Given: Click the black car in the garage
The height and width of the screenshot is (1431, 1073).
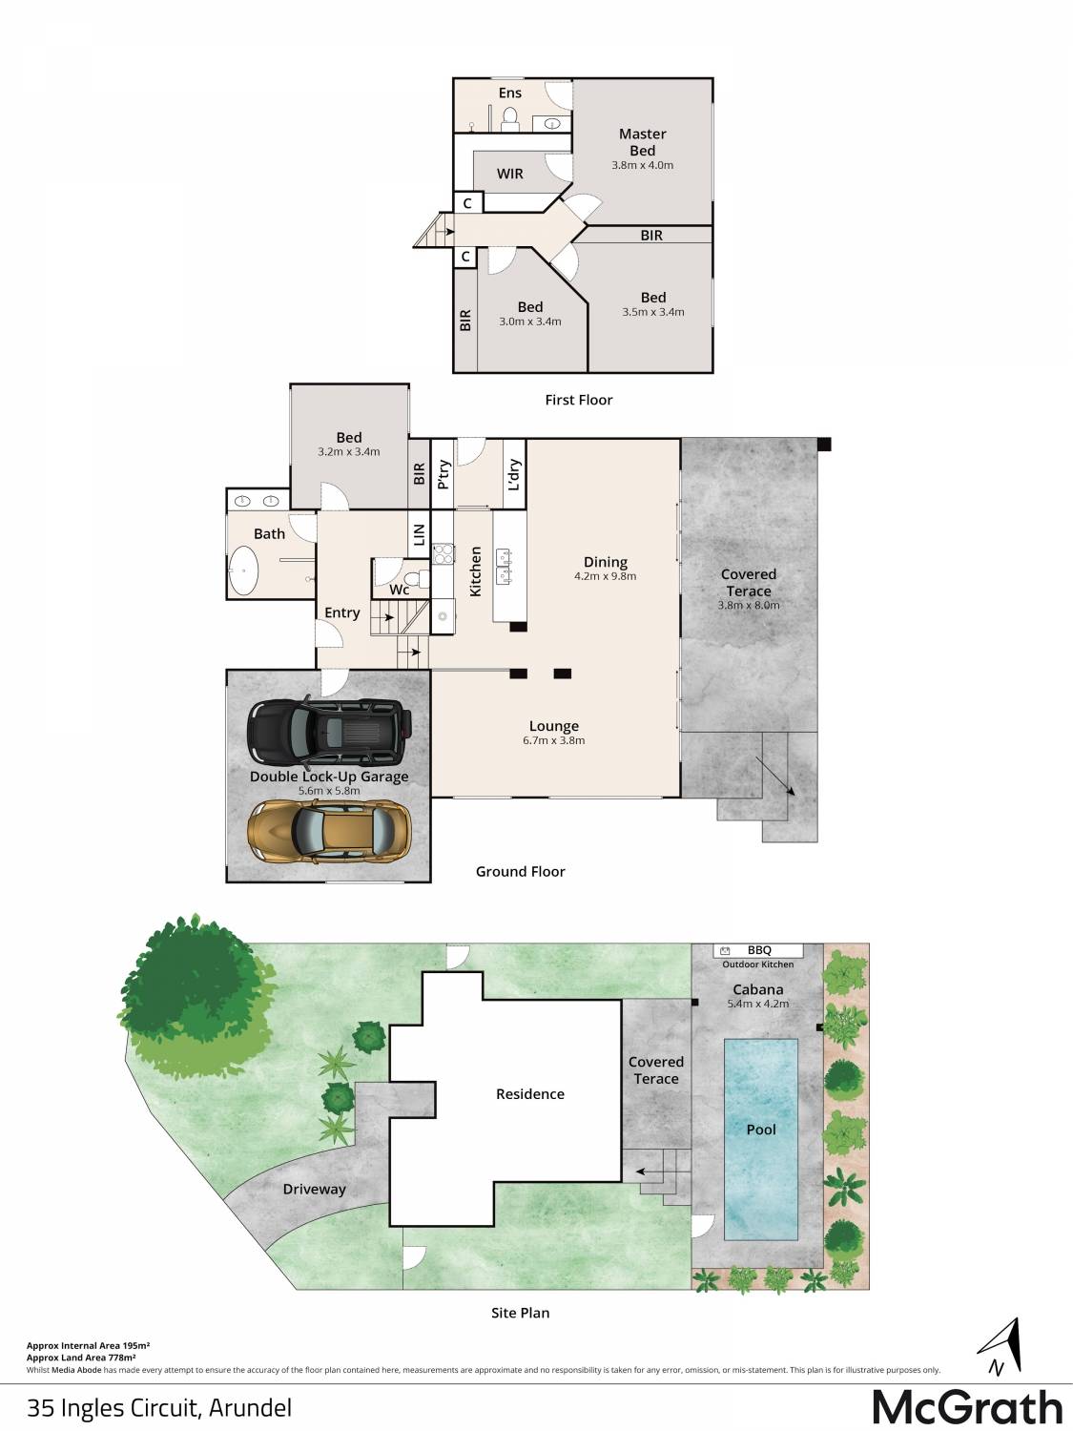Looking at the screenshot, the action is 330,731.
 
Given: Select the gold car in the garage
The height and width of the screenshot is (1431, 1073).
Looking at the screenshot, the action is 329,831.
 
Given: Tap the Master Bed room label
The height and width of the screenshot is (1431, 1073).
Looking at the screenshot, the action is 642,142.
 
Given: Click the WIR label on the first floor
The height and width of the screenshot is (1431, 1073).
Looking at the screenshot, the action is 509,174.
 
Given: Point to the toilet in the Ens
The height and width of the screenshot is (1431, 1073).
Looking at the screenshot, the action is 509,118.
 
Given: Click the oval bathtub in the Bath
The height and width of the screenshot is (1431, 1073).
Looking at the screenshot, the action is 243,570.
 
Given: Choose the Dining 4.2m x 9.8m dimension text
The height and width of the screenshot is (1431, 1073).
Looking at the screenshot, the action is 606,576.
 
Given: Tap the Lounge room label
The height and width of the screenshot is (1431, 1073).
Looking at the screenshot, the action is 554,726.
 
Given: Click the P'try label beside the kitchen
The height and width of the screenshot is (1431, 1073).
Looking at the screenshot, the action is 444,474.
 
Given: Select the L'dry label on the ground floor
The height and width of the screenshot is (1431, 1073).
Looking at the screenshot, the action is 514,474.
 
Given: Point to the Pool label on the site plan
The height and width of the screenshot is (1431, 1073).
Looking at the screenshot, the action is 761,1130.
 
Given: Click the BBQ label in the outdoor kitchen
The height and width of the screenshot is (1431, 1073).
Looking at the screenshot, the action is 759,950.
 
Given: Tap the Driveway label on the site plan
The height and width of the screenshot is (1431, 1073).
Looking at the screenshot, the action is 314,1189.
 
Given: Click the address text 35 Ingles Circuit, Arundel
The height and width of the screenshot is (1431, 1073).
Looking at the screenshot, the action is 159,1408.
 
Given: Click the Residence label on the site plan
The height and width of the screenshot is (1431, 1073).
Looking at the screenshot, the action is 529,1094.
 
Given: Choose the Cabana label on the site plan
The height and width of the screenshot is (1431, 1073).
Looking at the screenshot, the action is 757,989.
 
